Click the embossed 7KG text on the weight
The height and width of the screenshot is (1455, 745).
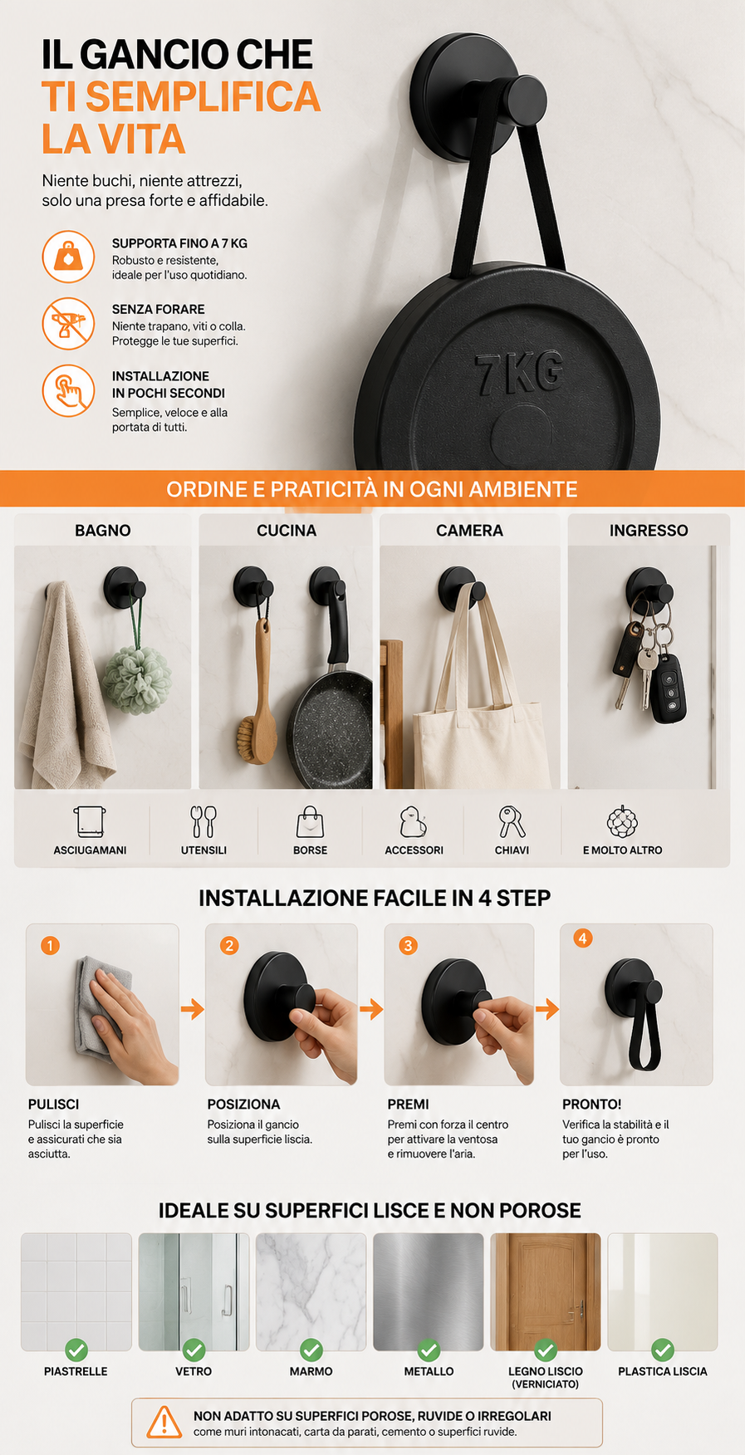(520, 371)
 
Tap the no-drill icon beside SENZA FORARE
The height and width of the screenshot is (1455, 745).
(68, 324)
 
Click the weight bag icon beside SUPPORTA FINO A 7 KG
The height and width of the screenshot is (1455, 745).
(68, 257)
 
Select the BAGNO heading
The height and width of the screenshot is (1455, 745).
(103, 530)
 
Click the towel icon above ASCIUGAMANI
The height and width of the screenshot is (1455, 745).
(90, 822)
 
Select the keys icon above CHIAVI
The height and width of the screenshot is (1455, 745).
(512, 822)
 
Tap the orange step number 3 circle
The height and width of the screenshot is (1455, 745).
(408, 946)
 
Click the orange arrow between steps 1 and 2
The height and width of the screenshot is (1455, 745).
(193, 1009)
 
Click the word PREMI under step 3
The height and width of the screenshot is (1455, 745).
(408, 1105)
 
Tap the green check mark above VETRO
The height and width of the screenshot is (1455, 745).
(194, 1350)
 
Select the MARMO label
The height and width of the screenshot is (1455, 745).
(311, 1372)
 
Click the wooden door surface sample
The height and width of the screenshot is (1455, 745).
(546, 1292)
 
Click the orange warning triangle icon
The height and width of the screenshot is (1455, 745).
(164, 1422)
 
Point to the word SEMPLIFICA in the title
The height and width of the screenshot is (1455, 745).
(203, 96)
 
